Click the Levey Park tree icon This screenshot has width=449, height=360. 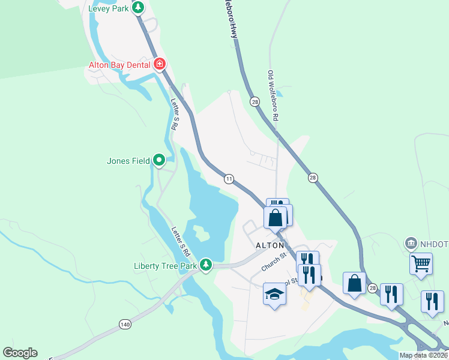pos(138,8)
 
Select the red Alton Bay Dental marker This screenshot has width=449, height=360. pos(160,64)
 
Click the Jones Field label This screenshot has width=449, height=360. pos(128,161)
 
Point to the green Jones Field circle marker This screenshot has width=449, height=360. pos(159,160)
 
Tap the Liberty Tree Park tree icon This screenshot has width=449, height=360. pos(206,264)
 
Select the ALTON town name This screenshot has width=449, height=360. pos(270,246)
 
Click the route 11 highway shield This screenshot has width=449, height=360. pos(229,179)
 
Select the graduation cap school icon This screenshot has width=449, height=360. pos(274,294)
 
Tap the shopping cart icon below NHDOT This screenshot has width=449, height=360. pos(421,262)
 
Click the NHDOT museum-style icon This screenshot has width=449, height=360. pos(411,243)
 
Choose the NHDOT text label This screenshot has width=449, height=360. pos(434,244)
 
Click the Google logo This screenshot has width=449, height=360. pos(20,353)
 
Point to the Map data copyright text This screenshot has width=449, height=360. pos(423,355)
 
